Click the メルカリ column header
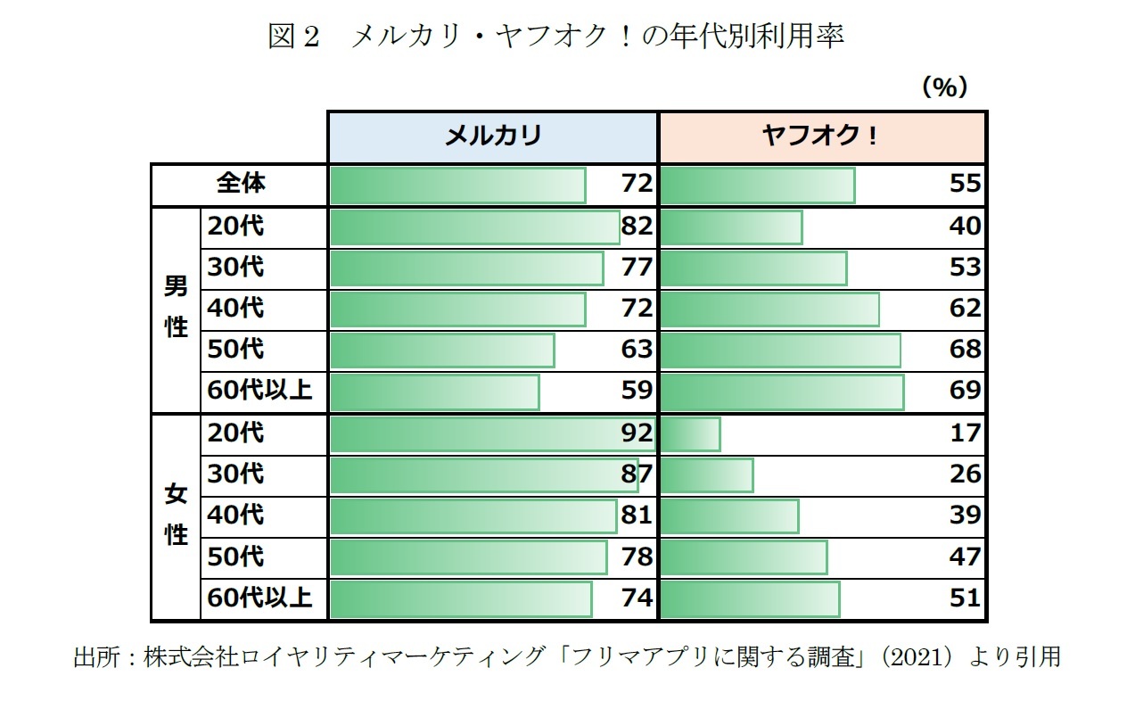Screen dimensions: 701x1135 click(492, 136)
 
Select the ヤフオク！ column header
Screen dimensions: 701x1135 click(821, 136)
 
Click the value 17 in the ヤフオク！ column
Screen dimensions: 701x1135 click(965, 433)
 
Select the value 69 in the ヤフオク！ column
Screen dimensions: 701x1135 click(965, 390)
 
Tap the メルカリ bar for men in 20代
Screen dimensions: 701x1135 click(474, 227)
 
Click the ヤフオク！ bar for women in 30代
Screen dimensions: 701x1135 click(707, 474)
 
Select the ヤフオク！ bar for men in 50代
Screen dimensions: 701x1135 click(781, 350)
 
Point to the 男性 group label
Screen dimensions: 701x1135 click(177, 307)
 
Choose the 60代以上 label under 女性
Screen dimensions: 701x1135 click(259, 597)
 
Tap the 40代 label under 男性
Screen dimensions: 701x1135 click(235, 308)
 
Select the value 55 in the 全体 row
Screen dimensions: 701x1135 click(965, 184)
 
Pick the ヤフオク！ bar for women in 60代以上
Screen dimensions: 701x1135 click(750, 598)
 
